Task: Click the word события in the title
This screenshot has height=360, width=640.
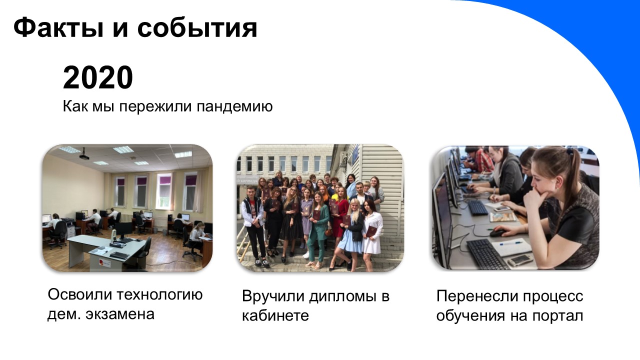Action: tap(197, 28)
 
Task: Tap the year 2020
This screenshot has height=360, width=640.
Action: tap(98, 77)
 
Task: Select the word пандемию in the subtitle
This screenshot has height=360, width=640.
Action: tap(234, 107)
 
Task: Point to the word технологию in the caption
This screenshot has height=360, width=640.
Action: tap(159, 295)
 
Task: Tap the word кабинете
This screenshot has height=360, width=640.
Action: tap(275, 316)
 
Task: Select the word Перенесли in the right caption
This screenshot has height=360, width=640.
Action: tap(477, 296)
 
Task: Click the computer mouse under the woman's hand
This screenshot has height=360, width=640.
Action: tap(497, 233)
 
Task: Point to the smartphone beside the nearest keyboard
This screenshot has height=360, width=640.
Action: tap(520, 259)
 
